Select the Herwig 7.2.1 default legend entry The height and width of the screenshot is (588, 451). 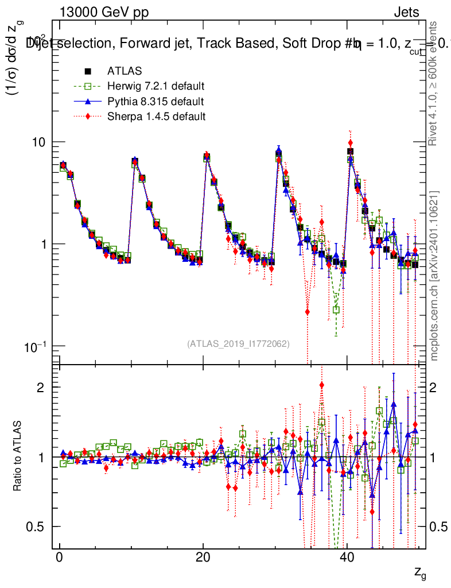tap(155, 87)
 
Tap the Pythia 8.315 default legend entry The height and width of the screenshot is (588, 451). tap(155, 102)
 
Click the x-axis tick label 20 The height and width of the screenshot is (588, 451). tap(203, 558)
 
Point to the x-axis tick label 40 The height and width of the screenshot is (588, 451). tap(346, 558)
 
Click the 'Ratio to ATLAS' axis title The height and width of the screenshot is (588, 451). tap(18, 457)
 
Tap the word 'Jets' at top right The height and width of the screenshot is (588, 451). tap(406, 12)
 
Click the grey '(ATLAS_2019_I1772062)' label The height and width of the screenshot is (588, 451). tap(238, 343)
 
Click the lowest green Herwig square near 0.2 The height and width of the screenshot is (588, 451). tap(336, 310)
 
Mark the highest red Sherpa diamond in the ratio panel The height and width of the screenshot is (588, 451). tap(322, 385)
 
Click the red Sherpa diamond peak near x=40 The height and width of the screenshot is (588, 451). tap(351, 142)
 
